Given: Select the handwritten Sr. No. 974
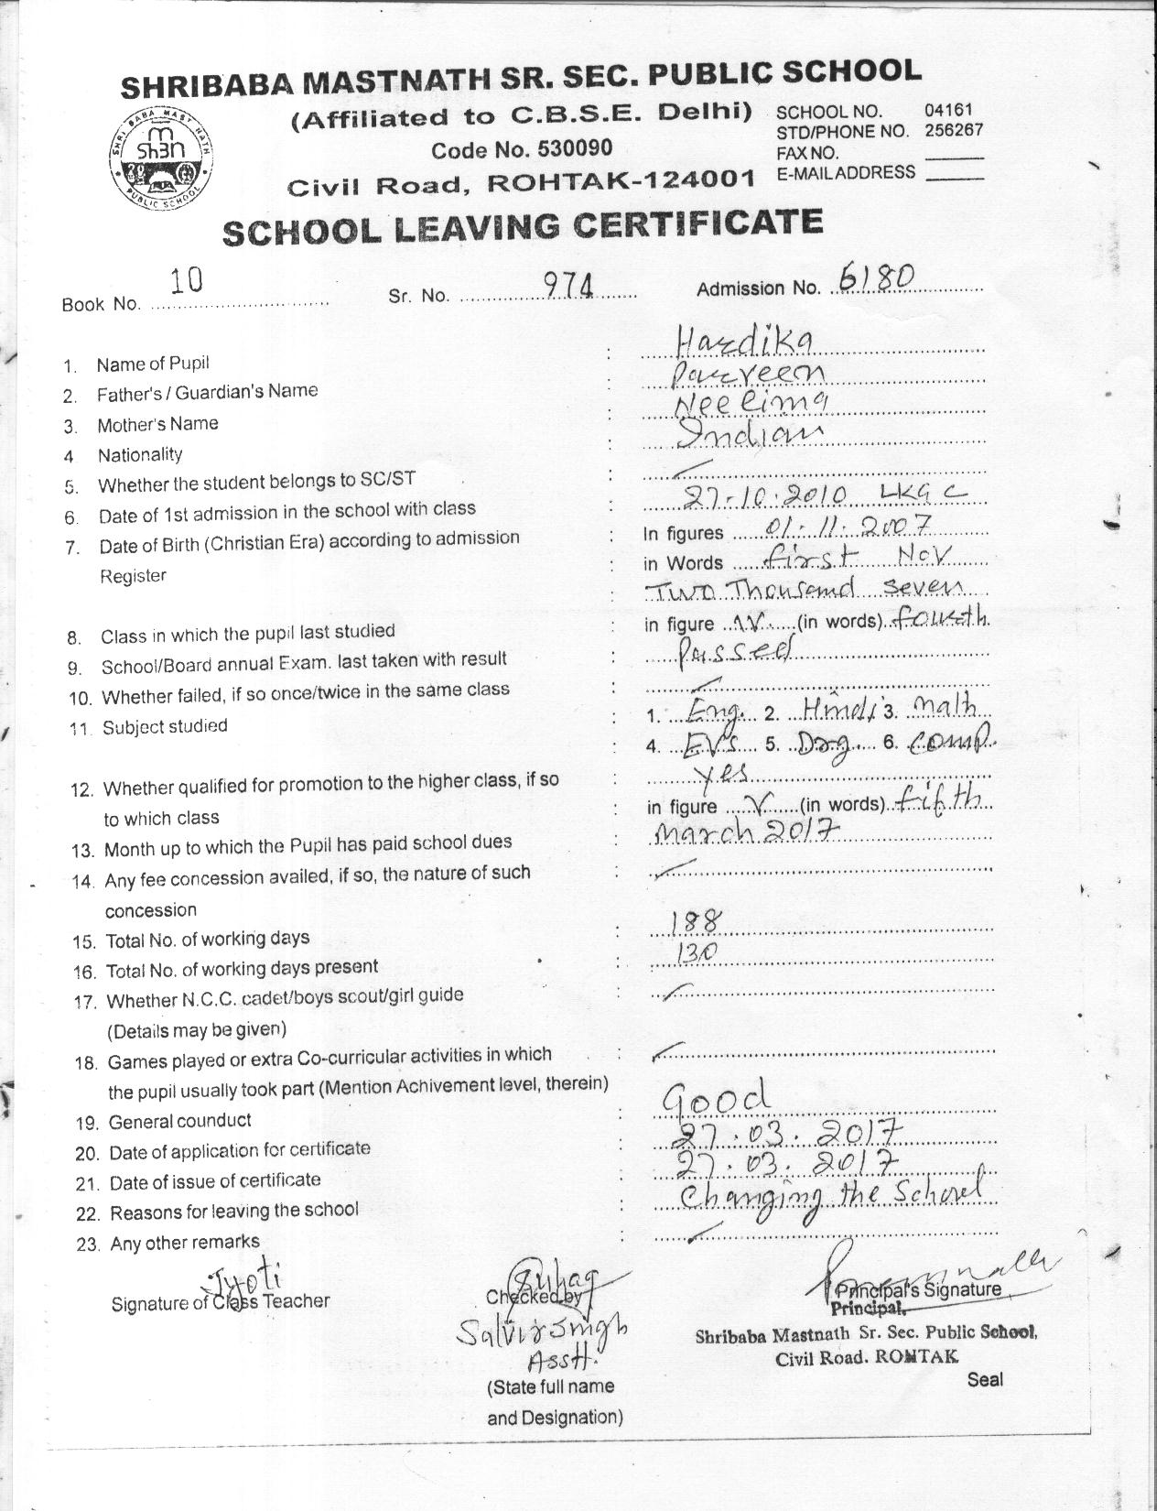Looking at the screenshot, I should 569,287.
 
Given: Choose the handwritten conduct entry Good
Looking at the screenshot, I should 716,1096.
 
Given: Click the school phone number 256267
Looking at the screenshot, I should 953,130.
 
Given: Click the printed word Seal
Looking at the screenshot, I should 985,1379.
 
